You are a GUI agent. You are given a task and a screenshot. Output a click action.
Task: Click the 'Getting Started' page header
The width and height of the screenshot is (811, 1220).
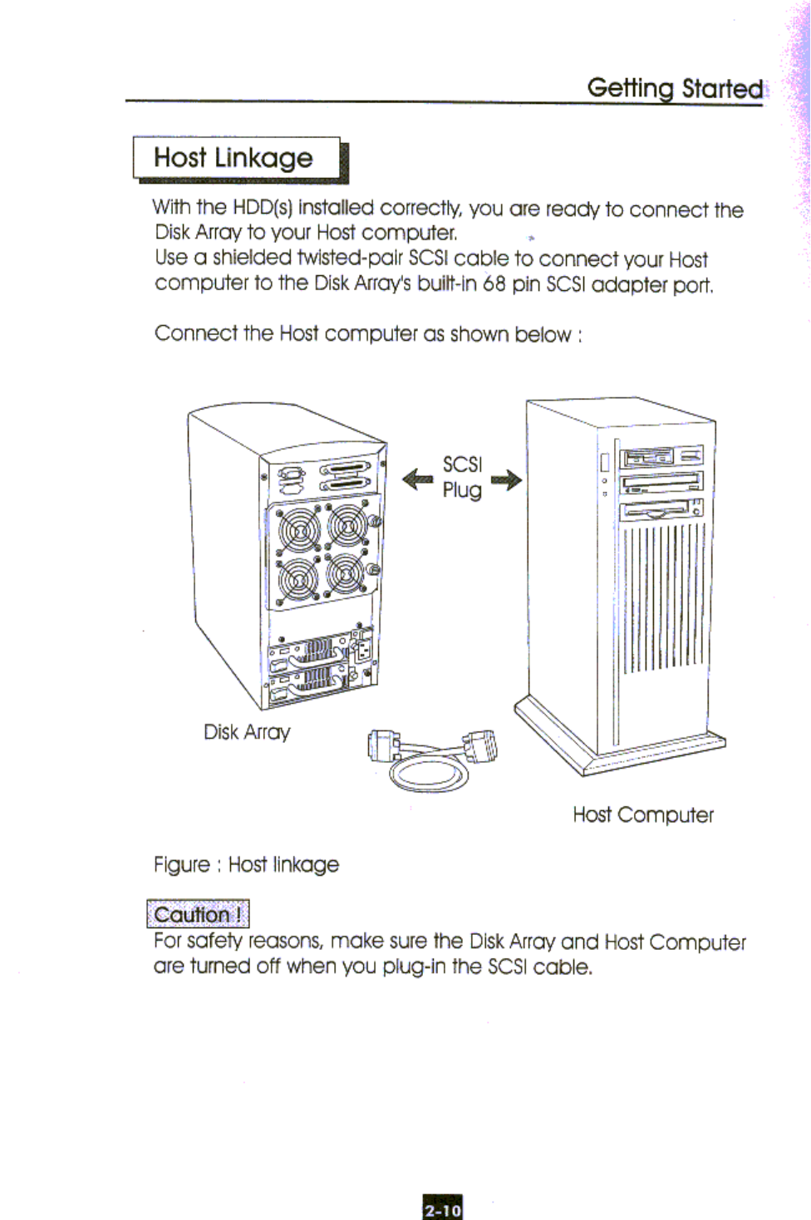pos(675,88)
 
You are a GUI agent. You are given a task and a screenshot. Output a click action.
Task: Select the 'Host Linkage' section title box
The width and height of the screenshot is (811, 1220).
pos(238,158)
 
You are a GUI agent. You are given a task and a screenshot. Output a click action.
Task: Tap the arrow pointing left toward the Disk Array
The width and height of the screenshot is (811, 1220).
pos(417,480)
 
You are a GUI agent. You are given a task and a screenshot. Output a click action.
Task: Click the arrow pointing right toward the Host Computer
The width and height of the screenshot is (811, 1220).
pos(506,480)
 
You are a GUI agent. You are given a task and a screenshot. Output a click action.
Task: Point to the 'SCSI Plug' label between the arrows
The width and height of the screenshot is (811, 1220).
pos(462,477)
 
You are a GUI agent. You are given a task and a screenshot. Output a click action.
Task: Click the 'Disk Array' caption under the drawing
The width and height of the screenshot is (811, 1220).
pos(247,732)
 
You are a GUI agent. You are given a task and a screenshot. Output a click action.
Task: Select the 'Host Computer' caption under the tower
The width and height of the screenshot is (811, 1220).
pos(643,814)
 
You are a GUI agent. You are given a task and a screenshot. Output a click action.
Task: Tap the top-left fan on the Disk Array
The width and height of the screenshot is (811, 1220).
pos(298,529)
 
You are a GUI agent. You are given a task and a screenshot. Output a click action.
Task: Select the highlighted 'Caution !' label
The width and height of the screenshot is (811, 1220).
pos(198,914)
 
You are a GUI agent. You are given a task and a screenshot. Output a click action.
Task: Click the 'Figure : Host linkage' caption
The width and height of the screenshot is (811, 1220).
pos(246,865)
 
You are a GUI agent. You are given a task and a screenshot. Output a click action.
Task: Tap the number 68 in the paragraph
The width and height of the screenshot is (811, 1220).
pos(494,284)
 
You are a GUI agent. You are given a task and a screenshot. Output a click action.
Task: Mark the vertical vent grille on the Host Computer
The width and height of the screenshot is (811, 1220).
pos(663,597)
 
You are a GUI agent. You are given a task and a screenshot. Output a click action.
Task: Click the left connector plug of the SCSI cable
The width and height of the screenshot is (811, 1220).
pos(383,745)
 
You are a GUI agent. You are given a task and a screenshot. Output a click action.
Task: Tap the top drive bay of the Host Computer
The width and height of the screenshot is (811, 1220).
pos(661,456)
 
